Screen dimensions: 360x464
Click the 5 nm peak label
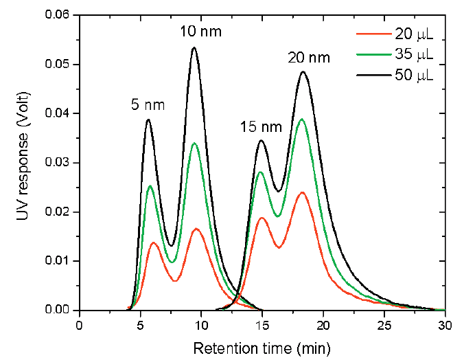click(148, 105)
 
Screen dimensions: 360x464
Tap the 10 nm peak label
click(201, 32)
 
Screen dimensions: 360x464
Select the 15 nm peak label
click(261, 126)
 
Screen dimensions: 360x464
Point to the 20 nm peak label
click(309, 58)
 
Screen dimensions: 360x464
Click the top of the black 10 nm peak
click(194, 47)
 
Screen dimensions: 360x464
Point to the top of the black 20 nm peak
click(303, 71)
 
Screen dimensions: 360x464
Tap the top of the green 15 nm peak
click(261, 172)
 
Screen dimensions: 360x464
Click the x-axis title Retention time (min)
click(262, 348)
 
